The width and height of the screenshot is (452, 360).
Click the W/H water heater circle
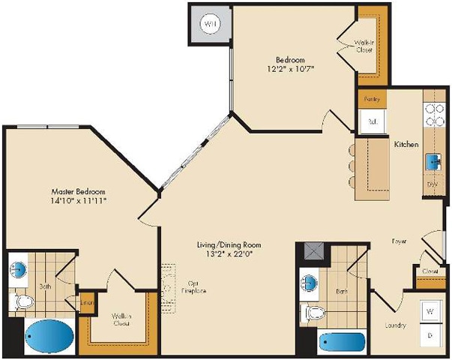click(211, 24)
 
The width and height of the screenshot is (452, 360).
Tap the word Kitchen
click(406, 143)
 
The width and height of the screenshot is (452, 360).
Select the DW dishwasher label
click(432, 183)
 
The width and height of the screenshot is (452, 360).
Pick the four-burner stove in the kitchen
click(433, 113)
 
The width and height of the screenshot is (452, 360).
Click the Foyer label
click(399, 241)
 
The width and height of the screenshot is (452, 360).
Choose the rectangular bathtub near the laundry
click(341, 343)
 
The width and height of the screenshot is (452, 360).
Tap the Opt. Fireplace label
click(193, 287)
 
